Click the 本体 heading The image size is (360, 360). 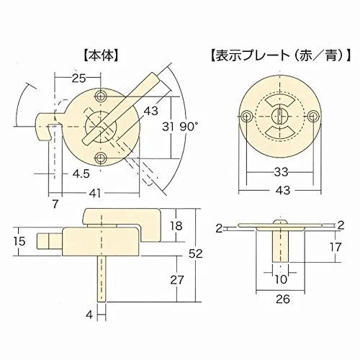tap(101, 56)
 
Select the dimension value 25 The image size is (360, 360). tap(79, 78)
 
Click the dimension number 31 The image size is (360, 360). tap(168, 127)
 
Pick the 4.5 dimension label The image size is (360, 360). tap(81, 174)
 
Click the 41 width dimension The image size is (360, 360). tap(95, 193)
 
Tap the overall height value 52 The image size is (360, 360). tap(196, 253)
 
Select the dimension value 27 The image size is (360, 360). tap(177, 280)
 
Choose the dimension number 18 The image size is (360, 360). tap(176, 225)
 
